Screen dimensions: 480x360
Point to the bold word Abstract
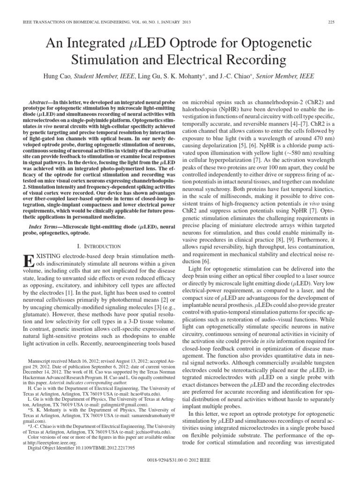(43, 102)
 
